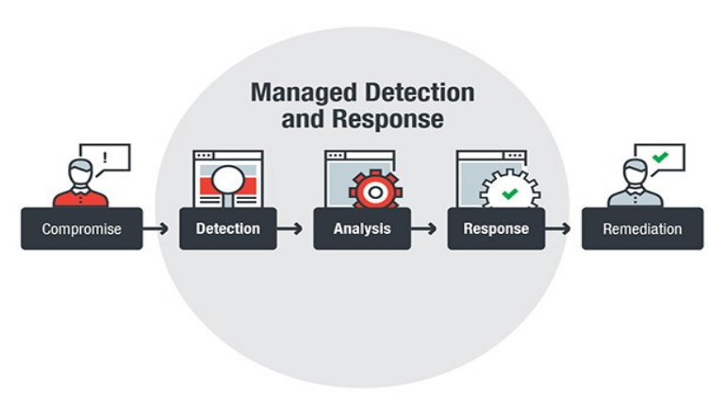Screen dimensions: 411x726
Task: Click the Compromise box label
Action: click(81, 229)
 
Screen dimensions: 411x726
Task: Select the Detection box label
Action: click(227, 228)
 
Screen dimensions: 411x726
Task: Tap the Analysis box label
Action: click(361, 228)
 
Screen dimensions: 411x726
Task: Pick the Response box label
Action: click(496, 228)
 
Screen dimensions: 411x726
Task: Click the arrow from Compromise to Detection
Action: click(157, 228)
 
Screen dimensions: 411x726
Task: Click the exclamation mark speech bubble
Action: click(105, 157)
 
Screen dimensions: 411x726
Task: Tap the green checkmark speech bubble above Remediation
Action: click(660, 157)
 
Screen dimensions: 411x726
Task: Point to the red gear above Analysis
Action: click(375, 190)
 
